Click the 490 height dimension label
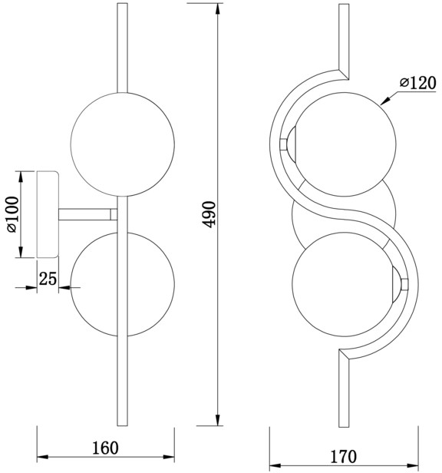pyautogui.click(x=209, y=214)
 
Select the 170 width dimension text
pyautogui.click(x=344, y=456)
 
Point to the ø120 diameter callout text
pyautogui.click(x=418, y=83)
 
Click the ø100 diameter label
pyautogui.click(x=13, y=214)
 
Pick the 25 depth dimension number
pyautogui.click(x=48, y=279)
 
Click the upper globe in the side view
pyautogui.click(x=123, y=144)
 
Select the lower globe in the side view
pyautogui.click(x=123, y=284)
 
